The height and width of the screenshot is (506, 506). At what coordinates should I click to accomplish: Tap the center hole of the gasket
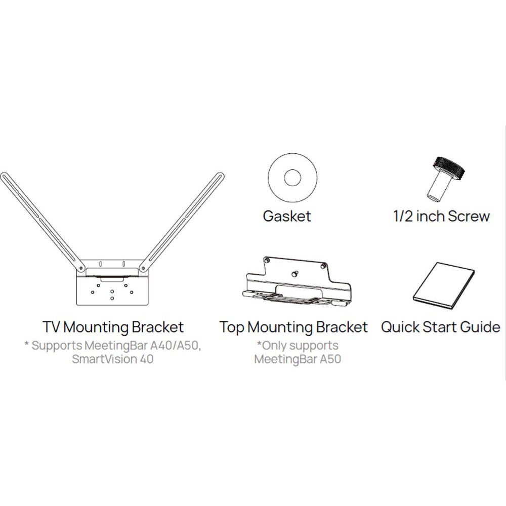(292, 178)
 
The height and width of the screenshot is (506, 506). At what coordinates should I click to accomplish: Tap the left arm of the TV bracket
(40, 218)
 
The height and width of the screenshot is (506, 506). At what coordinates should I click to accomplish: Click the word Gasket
(287, 217)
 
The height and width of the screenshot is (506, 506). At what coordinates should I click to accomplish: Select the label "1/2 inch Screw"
(442, 217)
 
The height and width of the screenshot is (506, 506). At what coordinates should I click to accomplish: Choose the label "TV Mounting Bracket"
(113, 327)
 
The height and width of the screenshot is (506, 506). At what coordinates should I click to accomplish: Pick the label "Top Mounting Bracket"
(293, 327)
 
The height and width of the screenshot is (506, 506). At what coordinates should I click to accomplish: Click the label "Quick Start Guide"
(440, 327)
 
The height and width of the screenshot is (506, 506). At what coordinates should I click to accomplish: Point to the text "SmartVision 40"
(112, 359)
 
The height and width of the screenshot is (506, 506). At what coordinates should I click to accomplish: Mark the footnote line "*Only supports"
(298, 346)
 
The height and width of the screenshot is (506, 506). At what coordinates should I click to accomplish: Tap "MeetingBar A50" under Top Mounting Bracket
(298, 359)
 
